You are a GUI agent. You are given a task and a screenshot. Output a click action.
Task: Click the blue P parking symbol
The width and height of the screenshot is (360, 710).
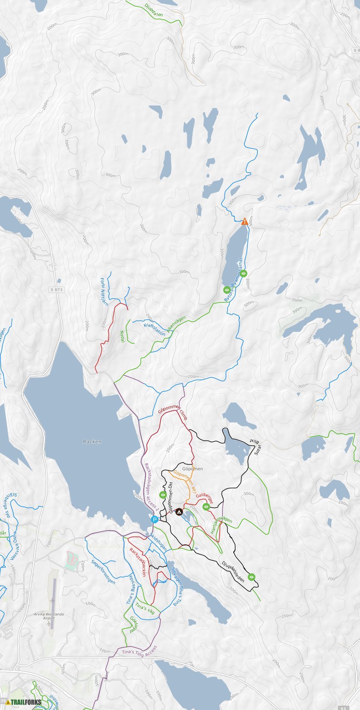[155, 519]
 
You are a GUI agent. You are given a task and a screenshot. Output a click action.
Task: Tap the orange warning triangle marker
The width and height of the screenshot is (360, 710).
[244, 221]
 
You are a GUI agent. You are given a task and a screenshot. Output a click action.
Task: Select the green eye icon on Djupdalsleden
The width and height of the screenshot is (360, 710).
[252, 577]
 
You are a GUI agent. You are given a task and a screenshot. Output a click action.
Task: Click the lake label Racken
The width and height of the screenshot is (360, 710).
[92, 442]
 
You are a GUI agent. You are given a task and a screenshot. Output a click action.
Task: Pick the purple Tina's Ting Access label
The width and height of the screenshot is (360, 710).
[139, 650]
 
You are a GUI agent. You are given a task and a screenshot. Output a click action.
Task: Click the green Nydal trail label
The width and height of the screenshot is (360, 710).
[123, 337]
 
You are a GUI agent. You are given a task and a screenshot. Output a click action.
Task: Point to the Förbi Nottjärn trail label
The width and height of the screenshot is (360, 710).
[104, 291]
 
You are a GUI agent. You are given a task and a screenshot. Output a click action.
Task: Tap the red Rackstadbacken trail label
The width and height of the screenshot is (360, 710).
[138, 562]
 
